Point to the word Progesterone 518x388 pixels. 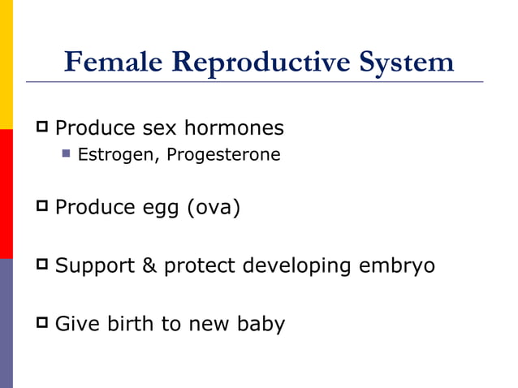(x=223, y=154)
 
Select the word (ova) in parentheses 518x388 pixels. (x=214, y=208)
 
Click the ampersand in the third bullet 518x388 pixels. (x=149, y=265)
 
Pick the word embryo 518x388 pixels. (x=395, y=266)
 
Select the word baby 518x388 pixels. (x=261, y=325)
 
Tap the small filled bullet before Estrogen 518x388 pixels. (x=67, y=153)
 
